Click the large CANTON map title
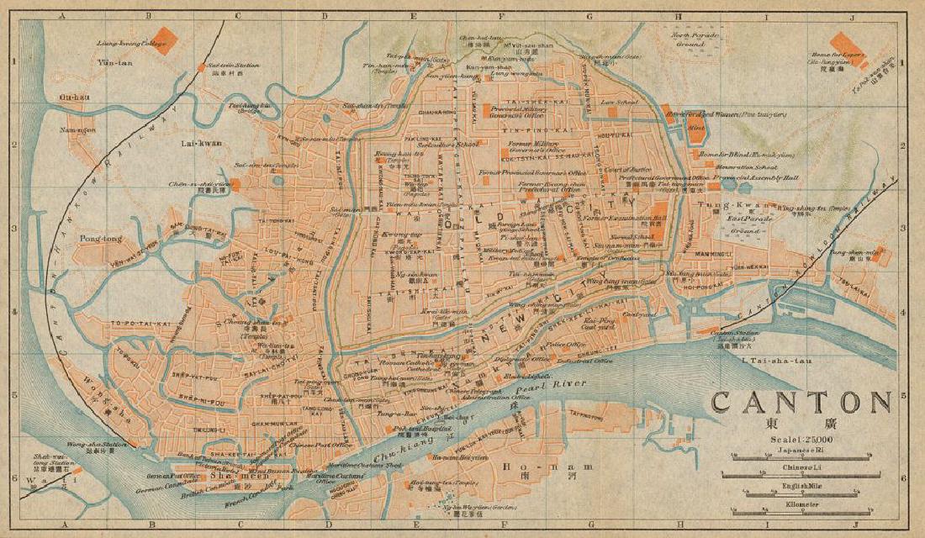pyautogui.click(x=801, y=402)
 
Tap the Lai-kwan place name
pyautogui.click(x=201, y=143)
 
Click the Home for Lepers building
pyautogui.click(x=841, y=43)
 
